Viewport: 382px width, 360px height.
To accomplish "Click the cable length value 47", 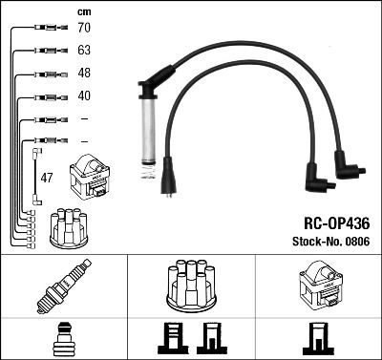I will coord(46,178).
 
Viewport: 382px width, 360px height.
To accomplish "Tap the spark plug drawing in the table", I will coord(62,289).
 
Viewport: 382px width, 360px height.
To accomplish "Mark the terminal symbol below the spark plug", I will coord(62,339).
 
